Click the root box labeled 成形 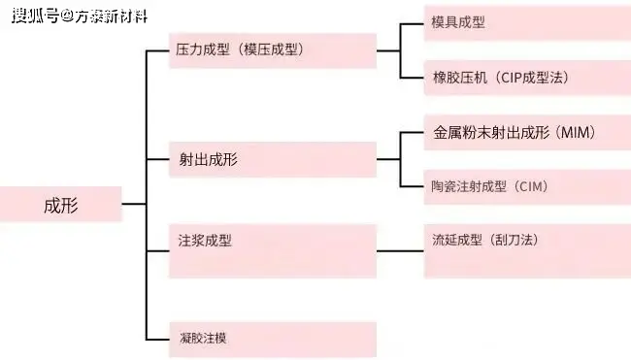60,205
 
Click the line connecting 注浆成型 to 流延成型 400,251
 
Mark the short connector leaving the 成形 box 134,205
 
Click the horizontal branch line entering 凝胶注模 157,339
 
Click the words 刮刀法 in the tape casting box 515,240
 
